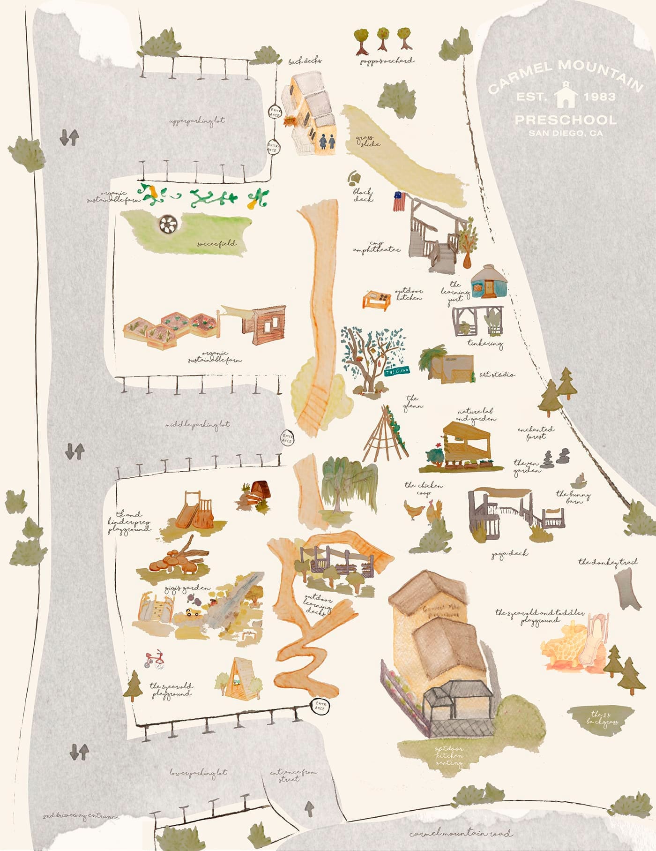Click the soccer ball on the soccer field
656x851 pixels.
click(168, 225)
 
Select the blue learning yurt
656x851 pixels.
click(489, 283)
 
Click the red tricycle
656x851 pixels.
click(154, 659)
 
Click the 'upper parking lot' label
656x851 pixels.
click(197, 121)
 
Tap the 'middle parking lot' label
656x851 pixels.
click(197, 424)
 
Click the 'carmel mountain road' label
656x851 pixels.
click(461, 833)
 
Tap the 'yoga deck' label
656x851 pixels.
click(509, 554)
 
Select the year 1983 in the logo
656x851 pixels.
click(599, 97)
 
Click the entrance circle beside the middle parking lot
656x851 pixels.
click(287, 438)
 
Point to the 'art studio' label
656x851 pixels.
click(497, 375)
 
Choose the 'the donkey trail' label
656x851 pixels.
click(608, 562)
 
